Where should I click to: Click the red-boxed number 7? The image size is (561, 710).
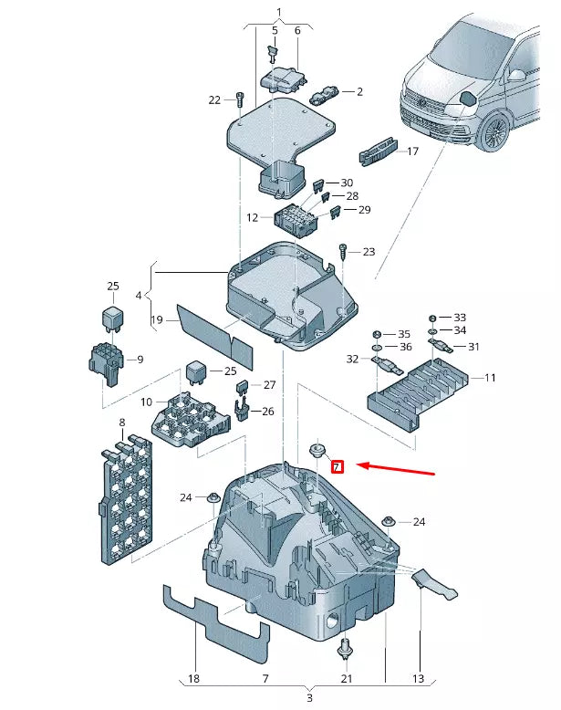[x=338, y=467]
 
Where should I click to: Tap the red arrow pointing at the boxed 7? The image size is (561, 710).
[x=396, y=469]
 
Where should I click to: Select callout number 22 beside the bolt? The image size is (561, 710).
[x=214, y=100]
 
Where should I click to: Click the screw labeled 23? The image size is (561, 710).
[x=343, y=252]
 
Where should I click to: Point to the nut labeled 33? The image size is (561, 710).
[x=432, y=318]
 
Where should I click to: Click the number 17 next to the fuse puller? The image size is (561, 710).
[x=412, y=151]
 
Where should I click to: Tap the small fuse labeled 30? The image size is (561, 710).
[x=318, y=184]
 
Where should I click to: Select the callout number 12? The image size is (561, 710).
[x=252, y=218]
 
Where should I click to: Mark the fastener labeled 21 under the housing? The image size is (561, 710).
[x=346, y=650]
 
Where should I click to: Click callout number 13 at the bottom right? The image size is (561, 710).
[x=418, y=678]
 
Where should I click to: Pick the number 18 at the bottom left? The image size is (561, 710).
[x=193, y=678]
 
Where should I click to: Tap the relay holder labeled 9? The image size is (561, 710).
[x=105, y=364]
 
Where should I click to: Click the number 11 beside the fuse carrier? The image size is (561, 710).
[x=490, y=378]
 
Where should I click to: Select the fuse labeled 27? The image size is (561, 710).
[x=243, y=386]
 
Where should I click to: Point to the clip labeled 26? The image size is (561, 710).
[x=242, y=410]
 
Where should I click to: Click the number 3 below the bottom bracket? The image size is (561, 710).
[x=310, y=698]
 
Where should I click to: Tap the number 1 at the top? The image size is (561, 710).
[x=279, y=12]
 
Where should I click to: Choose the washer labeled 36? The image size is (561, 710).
[x=376, y=348]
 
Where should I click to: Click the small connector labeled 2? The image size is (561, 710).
[x=324, y=94]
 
